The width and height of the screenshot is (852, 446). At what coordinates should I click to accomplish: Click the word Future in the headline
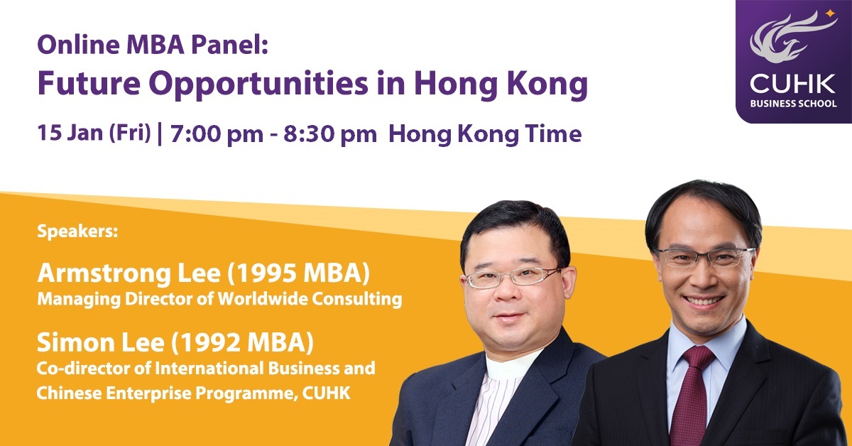(x=89, y=83)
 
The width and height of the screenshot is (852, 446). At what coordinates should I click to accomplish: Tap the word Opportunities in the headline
(x=258, y=85)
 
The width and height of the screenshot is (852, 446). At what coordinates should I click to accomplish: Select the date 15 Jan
(x=70, y=133)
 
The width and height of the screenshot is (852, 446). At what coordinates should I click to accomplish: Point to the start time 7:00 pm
(x=217, y=134)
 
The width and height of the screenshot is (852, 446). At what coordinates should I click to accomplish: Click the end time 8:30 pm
(x=330, y=134)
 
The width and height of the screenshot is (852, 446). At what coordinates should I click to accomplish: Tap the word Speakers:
(x=77, y=232)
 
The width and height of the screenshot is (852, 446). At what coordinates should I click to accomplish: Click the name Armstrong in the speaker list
(x=104, y=274)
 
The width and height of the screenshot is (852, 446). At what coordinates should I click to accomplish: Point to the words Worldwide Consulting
(x=310, y=299)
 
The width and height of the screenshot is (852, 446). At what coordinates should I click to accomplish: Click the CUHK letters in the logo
(x=792, y=84)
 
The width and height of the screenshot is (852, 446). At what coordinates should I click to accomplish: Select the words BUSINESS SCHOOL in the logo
(x=794, y=104)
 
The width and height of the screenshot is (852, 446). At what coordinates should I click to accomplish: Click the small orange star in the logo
(x=830, y=13)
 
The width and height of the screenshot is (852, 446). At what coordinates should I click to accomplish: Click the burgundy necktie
(x=694, y=396)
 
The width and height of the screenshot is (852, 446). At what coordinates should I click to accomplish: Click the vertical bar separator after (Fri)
(x=159, y=134)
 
